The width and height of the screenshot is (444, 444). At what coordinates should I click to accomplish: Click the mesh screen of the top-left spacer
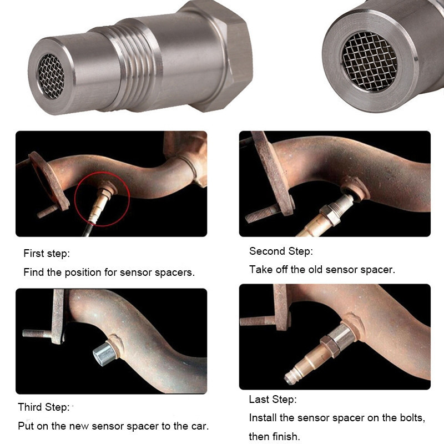click(51, 76)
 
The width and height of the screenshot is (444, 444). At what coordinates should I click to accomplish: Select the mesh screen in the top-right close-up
click(370, 61)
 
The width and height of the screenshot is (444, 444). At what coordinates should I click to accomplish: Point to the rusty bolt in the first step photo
click(48, 211)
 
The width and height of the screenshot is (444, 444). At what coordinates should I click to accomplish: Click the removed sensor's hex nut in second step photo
click(330, 215)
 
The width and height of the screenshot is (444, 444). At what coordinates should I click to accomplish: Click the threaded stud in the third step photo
click(37, 334)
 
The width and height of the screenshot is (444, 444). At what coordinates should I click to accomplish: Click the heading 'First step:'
click(47, 254)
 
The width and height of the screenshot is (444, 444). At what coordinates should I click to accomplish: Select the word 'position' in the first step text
click(83, 273)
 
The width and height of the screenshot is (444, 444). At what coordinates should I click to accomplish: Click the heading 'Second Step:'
click(281, 251)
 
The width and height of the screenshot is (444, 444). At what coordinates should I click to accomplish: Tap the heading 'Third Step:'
click(44, 407)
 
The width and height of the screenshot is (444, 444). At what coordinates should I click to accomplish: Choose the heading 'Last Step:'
click(273, 399)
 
